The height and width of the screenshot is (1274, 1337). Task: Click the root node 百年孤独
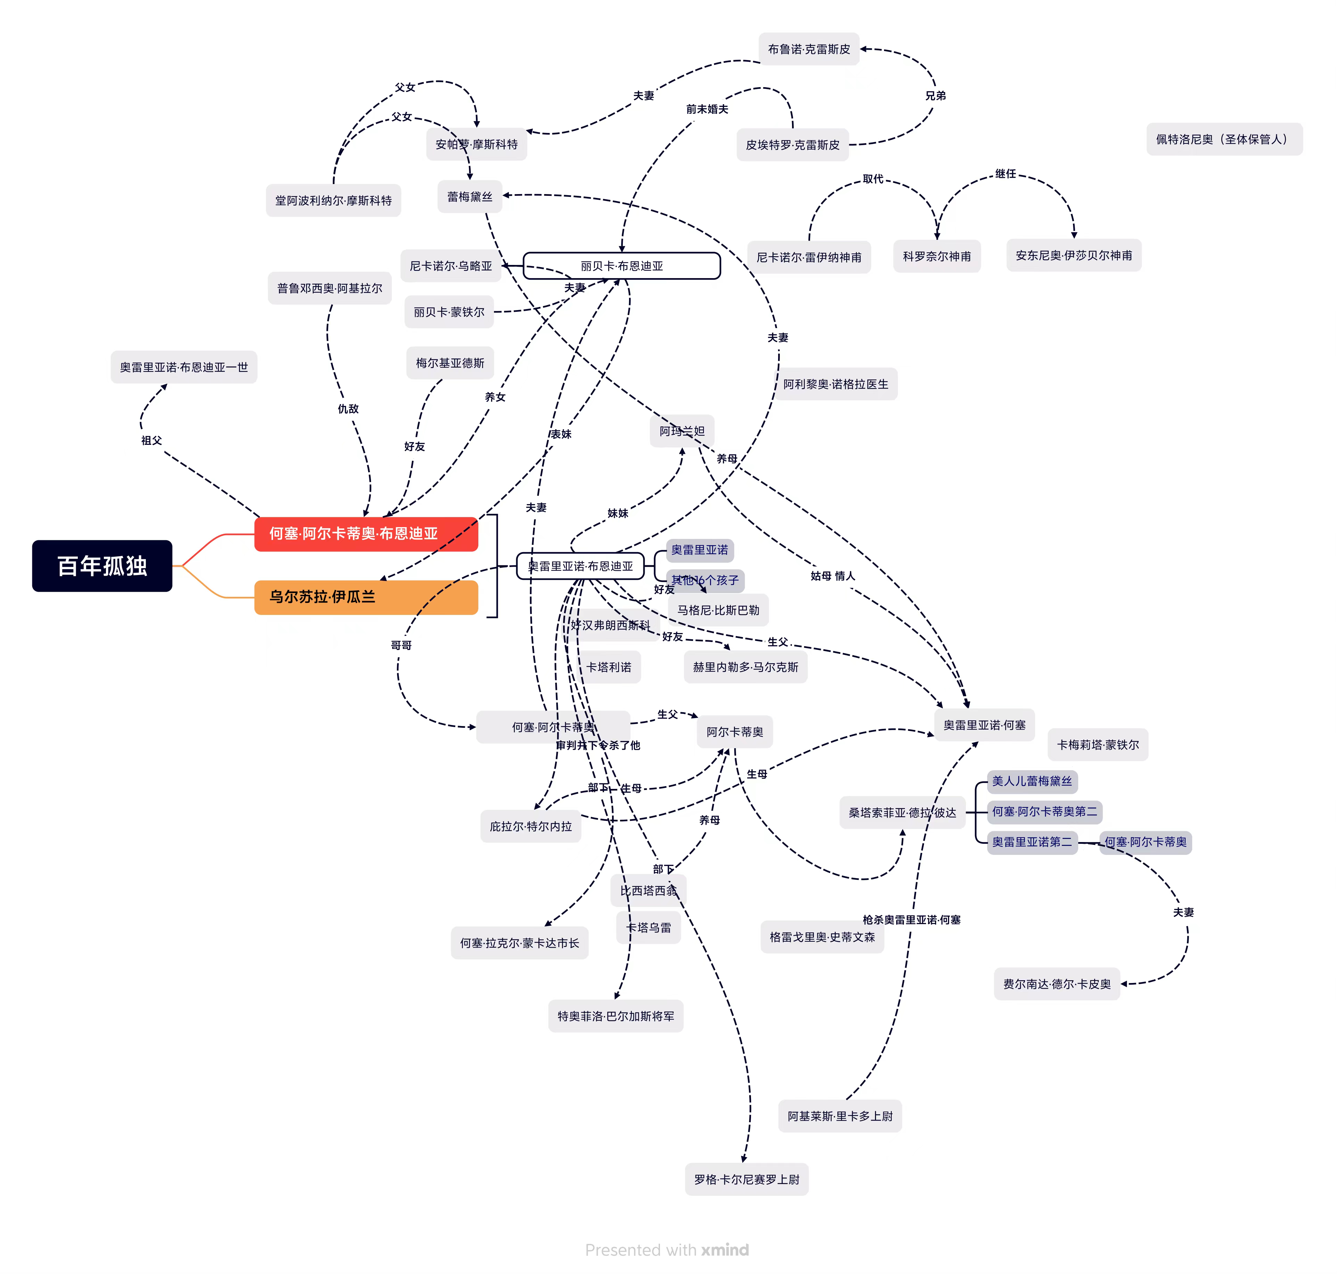point(102,566)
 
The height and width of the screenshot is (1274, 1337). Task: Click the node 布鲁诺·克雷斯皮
point(808,49)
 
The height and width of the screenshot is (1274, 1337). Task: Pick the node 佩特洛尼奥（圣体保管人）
point(1223,139)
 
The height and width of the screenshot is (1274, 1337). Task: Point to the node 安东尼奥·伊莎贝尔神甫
point(1073,255)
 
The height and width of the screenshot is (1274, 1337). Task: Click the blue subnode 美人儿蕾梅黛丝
point(1031,781)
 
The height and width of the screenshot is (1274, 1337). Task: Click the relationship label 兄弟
point(935,96)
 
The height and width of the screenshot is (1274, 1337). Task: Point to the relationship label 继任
point(1006,174)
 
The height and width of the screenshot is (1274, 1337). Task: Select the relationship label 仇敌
point(348,409)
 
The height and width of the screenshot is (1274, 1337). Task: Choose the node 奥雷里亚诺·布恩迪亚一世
point(183,367)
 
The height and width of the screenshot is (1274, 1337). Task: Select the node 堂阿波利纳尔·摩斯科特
point(333,200)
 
